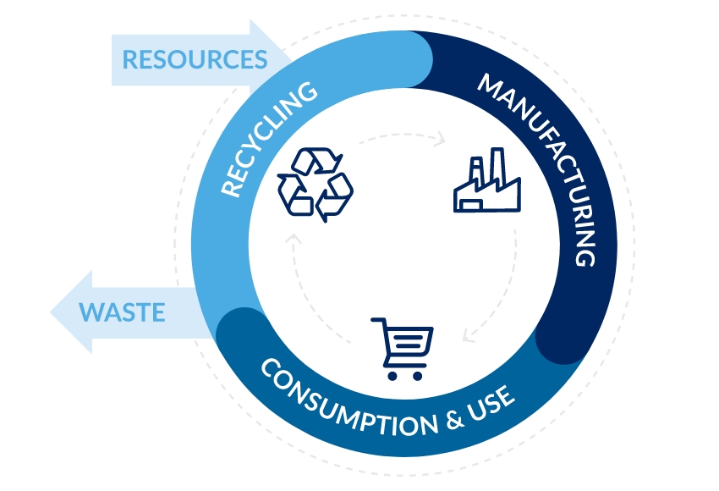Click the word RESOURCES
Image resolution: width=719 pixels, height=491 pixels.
pos(195,60)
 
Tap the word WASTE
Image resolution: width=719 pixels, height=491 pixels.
pos(122,312)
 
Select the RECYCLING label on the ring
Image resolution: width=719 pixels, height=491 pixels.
pos(268,139)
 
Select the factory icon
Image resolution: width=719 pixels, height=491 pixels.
pos(486,182)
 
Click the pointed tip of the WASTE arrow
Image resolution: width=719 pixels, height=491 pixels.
pos(53,312)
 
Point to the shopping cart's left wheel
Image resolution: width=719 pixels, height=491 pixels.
pos(392,375)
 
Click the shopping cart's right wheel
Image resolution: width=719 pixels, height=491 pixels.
pos(418,375)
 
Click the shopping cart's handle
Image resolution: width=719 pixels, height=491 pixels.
pos(376,322)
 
